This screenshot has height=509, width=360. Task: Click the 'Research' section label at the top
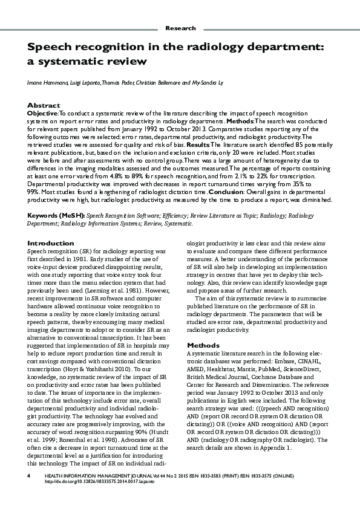click(180, 28)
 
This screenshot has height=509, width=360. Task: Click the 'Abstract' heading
click(44, 105)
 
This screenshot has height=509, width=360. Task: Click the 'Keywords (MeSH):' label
click(56, 215)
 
